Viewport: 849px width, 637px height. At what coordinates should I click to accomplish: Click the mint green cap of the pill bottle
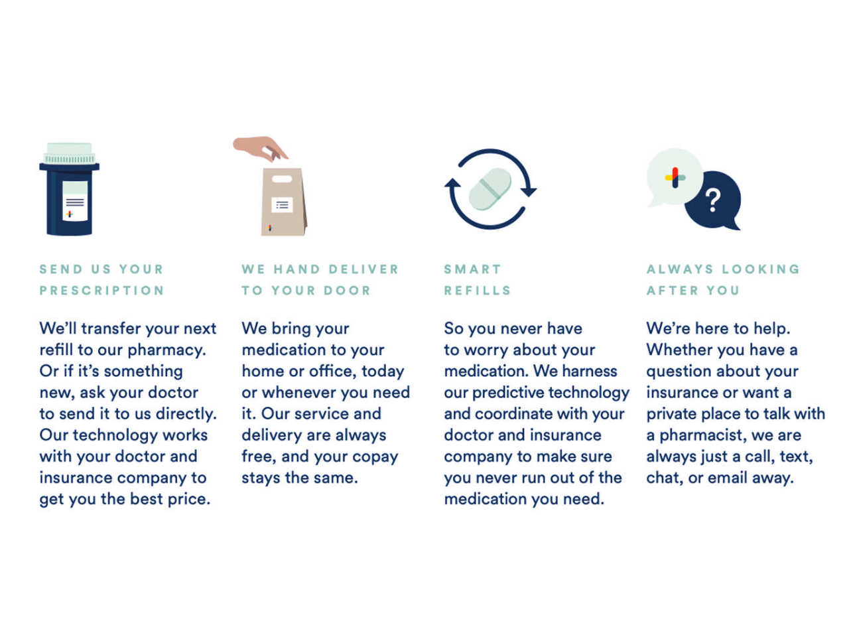pos(69,153)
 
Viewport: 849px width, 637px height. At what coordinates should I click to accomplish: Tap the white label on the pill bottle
pos(75,201)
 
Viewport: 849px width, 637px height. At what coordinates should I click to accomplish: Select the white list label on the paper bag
pos(282,205)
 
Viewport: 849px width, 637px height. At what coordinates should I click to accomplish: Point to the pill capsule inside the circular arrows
pos(490,189)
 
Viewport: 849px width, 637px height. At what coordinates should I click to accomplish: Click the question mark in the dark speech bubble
pos(712,200)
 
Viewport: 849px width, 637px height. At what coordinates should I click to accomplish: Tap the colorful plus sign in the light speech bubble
pos(675,178)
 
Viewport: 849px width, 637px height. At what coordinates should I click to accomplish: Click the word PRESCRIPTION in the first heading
pos(101,291)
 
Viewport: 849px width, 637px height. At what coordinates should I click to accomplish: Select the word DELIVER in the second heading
pos(363,269)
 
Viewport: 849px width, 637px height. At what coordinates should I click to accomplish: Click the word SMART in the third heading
pos(472,269)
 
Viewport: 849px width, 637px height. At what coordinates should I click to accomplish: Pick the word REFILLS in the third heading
pos(478,291)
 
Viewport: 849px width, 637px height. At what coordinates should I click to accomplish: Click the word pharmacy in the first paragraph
pos(166,350)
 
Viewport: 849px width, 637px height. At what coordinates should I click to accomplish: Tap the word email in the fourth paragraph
pos(727,478)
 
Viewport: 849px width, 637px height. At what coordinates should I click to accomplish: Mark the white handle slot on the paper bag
pos(282,179)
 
